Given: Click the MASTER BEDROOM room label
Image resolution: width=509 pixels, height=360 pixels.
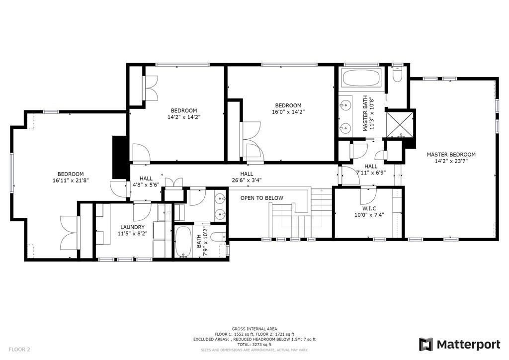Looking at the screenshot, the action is (x=451, y=155).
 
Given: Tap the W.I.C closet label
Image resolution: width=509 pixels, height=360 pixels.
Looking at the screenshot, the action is (x=369, y=208).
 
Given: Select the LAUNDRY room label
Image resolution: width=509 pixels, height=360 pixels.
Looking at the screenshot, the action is (x=132, y=227).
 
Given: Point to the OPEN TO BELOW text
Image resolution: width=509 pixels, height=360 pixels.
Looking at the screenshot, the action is (x=261, y=198).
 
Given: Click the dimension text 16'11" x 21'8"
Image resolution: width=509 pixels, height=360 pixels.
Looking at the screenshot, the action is (x=71, y=180).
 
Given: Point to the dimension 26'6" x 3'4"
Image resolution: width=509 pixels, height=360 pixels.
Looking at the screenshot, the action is (x=247, y=180).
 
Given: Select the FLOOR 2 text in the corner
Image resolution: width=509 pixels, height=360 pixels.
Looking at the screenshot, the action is (x=19, y=350).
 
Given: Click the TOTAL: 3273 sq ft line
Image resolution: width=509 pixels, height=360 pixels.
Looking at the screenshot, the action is (x=254, y=345).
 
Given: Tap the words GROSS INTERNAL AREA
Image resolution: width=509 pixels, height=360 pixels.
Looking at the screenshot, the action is (x=254, y=329).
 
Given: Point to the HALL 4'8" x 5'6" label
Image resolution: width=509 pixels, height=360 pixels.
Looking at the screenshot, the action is (x=146, y=181).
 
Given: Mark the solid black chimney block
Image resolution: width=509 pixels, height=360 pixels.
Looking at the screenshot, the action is (x=119, y=157).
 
